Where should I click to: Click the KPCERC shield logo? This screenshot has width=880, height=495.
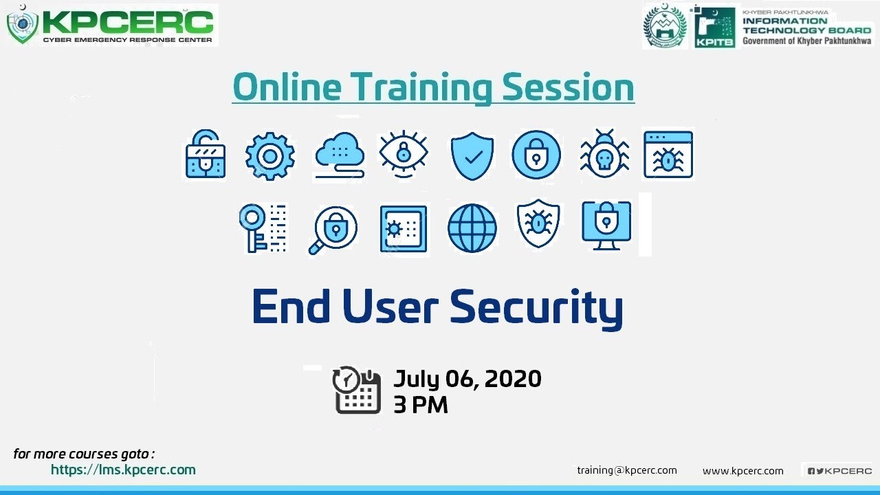[x=22, y=26]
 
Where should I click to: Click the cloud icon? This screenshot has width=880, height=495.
[x=340, y=155]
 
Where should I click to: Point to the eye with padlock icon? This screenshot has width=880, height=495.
[x=404, y=155]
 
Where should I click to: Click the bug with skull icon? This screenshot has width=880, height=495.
[x=604, y=155]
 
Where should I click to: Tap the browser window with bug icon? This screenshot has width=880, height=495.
[x=668, y=155]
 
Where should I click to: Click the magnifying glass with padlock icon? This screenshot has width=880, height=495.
[x=333, y=229]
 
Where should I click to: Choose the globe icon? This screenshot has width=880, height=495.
[x=472, y=228]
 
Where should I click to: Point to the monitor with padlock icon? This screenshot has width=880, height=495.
[x=606, y=225]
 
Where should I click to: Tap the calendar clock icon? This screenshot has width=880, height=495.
[x=357, y=390]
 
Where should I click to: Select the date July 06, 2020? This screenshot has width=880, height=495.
[x=467, y=379]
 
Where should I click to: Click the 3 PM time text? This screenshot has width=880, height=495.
[x=421, y=405]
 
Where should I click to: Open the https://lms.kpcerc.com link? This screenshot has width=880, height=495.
[x=123, y=470]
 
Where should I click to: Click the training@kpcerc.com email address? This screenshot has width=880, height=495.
[x=627, y=470]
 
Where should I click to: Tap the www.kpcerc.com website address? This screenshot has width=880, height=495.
[x=742, y=471]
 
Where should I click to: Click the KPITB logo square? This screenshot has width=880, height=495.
[x=715, y=27]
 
